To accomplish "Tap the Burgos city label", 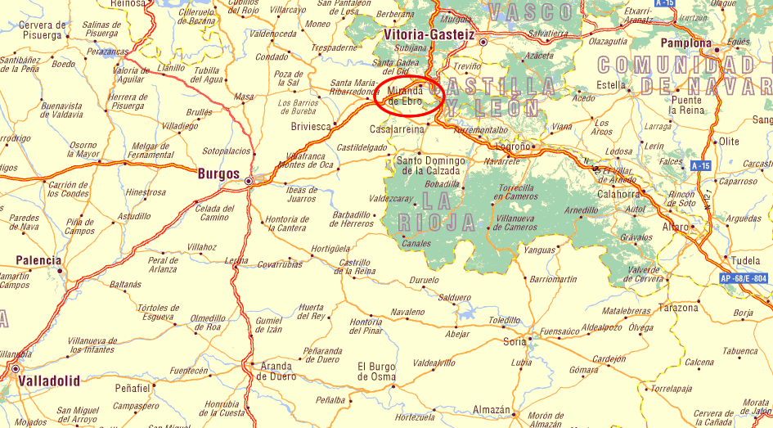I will coord(218,174).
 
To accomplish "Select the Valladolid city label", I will coord(50,381).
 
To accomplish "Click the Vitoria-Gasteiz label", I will coord(429,34).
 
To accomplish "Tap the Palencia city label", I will coord(38,261).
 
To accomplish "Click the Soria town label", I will coord(515,342).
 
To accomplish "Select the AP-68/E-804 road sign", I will coord(744,279).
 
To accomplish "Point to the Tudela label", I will coord(745,261).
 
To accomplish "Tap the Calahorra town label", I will coord(618,194).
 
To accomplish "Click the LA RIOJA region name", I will coord(437,211).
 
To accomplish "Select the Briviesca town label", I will coord(312,127).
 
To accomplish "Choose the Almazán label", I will coord(492,410).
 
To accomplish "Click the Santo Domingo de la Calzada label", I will coord(430,165).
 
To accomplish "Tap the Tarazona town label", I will coord(678,308).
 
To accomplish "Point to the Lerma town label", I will coord(236,260).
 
